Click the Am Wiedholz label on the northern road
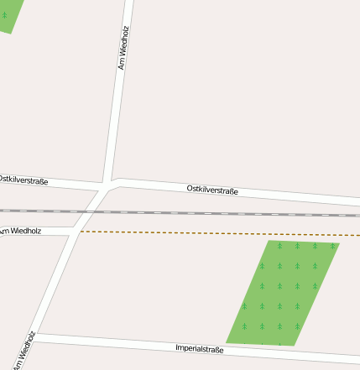click(123, 47)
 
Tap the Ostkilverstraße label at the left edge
click(23, 180)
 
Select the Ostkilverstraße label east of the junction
click(212, 190)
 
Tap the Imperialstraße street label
click(200, 347)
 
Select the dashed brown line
click(210, 233)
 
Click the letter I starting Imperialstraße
click(177, 346)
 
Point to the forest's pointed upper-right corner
click(338, 243)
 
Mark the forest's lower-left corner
click(228, 341)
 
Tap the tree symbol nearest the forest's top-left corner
click(279, 246)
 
